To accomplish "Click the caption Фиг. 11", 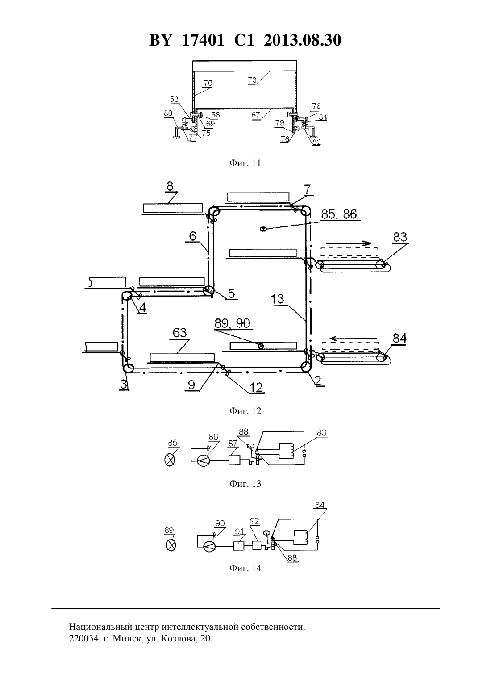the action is (245, 163).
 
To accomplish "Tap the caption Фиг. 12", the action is (245, 411).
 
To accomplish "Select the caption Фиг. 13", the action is (245, 484).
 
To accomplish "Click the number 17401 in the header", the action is (203, 40).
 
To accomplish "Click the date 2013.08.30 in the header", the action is (303, 40).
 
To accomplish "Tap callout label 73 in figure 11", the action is (252, 80).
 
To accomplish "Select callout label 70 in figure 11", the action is (208, 83).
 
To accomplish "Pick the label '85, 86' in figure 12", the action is (339, 214).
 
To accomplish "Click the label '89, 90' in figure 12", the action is (232, 323).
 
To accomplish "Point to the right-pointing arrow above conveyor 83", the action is (349, 243).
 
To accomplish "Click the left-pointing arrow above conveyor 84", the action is (354, 339).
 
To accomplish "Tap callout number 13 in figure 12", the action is (277, 299).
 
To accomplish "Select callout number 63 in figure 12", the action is (179, 333).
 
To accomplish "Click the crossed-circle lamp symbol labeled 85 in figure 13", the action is (169, 460).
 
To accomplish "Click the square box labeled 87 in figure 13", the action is (234, 460).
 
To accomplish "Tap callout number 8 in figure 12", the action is (170, 187).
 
